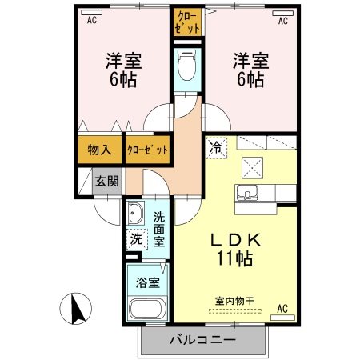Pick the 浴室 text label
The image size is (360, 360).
[146, 282]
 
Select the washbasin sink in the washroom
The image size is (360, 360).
[134, 214]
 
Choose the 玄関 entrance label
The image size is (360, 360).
[107, 180]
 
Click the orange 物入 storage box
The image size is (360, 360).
[100, 150]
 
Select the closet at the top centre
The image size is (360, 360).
[187, 22]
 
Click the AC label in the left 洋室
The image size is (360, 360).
[90, 19]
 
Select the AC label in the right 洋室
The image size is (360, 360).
[283, 21]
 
